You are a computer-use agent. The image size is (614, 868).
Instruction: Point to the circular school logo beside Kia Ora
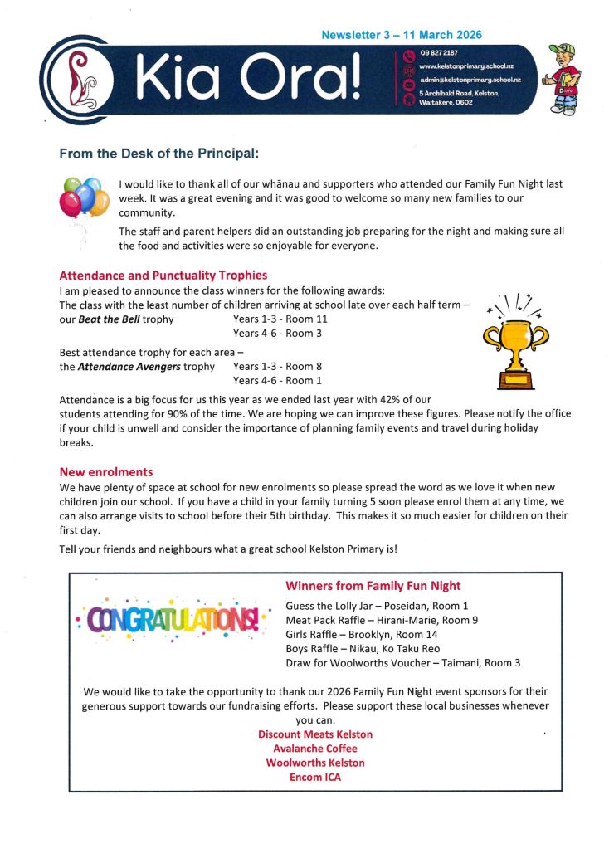pos(77,81)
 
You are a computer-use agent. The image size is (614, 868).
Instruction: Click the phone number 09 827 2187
pos(441,54)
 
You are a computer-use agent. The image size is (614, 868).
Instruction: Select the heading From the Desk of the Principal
pos(159,154)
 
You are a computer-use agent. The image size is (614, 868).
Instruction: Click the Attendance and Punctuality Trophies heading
pos(163,276)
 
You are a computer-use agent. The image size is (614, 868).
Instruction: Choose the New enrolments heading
pos(106,472)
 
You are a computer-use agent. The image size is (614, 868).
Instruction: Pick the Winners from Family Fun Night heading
pos(373,586)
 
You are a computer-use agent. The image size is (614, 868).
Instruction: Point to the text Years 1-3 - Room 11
pos(280,319)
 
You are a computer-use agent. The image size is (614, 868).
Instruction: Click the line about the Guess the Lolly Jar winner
pos(377,607)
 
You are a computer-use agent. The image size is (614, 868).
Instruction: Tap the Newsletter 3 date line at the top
pos(402,36)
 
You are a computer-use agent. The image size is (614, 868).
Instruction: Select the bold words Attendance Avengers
pos(146,367)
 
